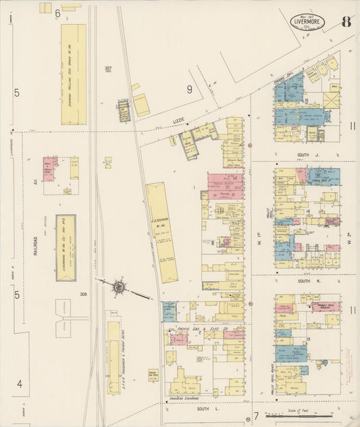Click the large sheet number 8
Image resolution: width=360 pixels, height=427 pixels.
tap(345, 21)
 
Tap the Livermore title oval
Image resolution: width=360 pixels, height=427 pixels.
tap(308, 22)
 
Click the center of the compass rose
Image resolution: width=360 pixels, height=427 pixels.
tap(119, 287)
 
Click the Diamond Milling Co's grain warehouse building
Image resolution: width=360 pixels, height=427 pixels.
tap(74, 74)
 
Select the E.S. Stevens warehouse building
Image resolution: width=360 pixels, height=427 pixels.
tap(162, 232)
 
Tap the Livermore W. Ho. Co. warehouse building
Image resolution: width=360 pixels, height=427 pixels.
tap(66, 248)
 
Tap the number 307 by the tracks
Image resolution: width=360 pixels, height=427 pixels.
tap(108, 69)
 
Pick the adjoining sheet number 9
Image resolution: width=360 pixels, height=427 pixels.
tap(190, 89)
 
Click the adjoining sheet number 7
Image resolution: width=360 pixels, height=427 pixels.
tap(256, 414)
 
